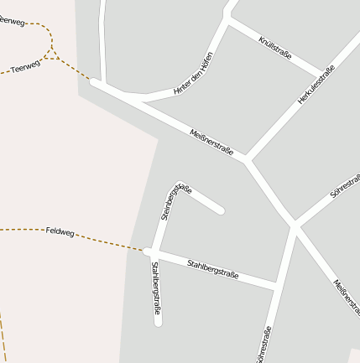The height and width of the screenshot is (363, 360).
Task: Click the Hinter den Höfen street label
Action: (x=193, y=74)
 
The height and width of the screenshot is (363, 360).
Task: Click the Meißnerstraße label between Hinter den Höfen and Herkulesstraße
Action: (x=211, y=140)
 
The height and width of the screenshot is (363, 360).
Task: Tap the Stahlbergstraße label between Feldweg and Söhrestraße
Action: (x=213, y=269)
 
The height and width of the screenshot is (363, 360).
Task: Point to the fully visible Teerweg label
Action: (x=26, y=66)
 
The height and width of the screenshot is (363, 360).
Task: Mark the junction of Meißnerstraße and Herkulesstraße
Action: (x=247, y=159)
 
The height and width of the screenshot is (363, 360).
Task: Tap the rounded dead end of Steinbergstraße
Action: (x=221, y=210)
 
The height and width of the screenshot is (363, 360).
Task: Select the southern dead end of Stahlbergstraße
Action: (x=158, y=321)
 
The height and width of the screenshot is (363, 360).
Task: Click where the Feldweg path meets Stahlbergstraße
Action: (x=148, y=251)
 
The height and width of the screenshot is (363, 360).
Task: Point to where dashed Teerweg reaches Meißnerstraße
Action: (x=93, y=82)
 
